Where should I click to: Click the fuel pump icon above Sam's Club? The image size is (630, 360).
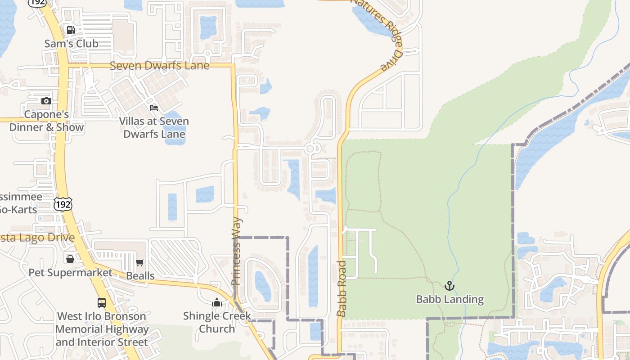(x=71, y=30)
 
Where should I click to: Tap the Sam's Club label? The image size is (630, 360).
(x=71, y=44)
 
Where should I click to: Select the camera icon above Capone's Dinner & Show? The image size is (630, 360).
(x=46, y=101)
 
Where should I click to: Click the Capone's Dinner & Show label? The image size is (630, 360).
(x=46, y=121)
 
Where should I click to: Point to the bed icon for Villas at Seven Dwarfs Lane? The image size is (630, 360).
(x=154, y=108)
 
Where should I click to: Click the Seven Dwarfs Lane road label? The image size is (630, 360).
(x=160, y=66)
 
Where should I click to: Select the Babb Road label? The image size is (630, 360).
(x=342, y=288)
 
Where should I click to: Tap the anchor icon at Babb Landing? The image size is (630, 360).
(x=449, y=286)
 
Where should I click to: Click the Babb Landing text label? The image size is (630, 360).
(x=450, y=299)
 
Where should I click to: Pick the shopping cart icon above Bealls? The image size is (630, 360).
(x=140, y=262)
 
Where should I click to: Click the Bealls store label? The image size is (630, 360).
(x=140, y=276)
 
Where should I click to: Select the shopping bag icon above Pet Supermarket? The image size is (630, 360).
(x=70, y=259)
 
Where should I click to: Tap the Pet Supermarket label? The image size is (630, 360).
(x=71, y=273)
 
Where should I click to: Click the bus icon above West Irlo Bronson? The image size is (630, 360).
(x=102, y=303)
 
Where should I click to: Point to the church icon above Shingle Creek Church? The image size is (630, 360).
(x=217, y=302)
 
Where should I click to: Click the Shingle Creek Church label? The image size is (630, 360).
(x=217, y=322)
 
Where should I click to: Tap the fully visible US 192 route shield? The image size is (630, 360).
(x=63, y=204)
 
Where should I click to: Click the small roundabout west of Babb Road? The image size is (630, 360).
(x=310, y=148)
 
